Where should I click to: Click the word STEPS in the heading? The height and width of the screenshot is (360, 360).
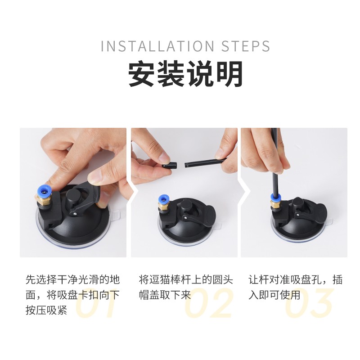pyautogui.click(x=245, y=46)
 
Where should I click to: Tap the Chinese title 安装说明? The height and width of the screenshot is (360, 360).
pyautogui.click(x=185, y=74)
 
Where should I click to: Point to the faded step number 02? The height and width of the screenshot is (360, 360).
pyautogui.click(x=208, y=303)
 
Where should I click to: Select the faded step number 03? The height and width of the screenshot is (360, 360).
pyautogui.click(x=309, y=303)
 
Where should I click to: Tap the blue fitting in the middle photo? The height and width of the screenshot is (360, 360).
pyautogui.click(x=163, y=199)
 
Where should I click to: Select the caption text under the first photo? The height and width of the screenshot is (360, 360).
pyautogui.click(x=73, y=295)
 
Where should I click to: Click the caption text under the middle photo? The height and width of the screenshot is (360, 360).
pyautogui.click(x=186, y=287)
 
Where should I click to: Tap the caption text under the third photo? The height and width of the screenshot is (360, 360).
pyautogui.click(x=296, y=287)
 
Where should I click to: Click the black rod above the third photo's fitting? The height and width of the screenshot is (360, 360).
pyautogui.click(x=275, y=161)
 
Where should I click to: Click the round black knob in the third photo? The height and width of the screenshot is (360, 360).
pyautogui.click(x=298, y=203)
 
